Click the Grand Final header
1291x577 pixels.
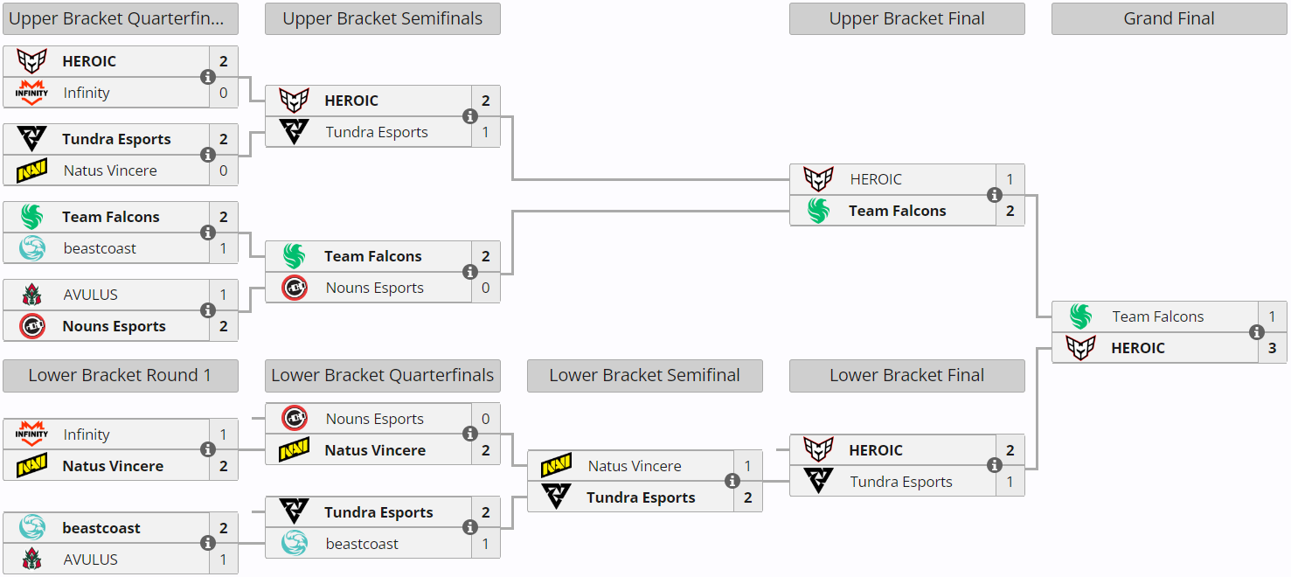click(x=1169, y=18)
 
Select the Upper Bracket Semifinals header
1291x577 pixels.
click(x=382, y=18)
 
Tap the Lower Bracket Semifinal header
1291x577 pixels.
click(x=644, y=375)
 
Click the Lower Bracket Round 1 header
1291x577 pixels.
click(x=120, y=375)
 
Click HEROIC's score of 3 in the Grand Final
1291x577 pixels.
click(x=1272, y=348)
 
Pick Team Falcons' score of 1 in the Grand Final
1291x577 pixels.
click(x=1272, y=316)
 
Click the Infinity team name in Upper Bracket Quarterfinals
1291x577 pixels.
click(x=87, y=93)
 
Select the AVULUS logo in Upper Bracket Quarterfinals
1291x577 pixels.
click(x=32, y=295)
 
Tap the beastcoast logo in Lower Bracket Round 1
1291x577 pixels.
click(x=32, y=528)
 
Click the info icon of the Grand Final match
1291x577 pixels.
click(x=1257, y=332)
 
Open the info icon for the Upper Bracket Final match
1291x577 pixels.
click(x=995, y=195)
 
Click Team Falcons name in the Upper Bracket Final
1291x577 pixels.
click(x=897, y=211)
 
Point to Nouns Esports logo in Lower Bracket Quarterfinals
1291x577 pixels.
click(x=295, y=419)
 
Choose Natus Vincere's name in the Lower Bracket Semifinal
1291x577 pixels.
click(x=635, y=466)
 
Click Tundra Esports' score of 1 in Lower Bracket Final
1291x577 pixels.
click(x=1010, y=482)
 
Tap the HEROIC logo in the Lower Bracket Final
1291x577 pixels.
click(x=819, y=450)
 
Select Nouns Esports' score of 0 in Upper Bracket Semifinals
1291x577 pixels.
click(x=485, y=288)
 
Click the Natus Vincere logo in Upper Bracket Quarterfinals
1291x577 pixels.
click(x=32, y=170)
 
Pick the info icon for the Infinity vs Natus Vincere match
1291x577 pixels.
click(x=208, y=449)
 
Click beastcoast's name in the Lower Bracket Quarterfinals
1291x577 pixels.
click(x=362, y=544)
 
